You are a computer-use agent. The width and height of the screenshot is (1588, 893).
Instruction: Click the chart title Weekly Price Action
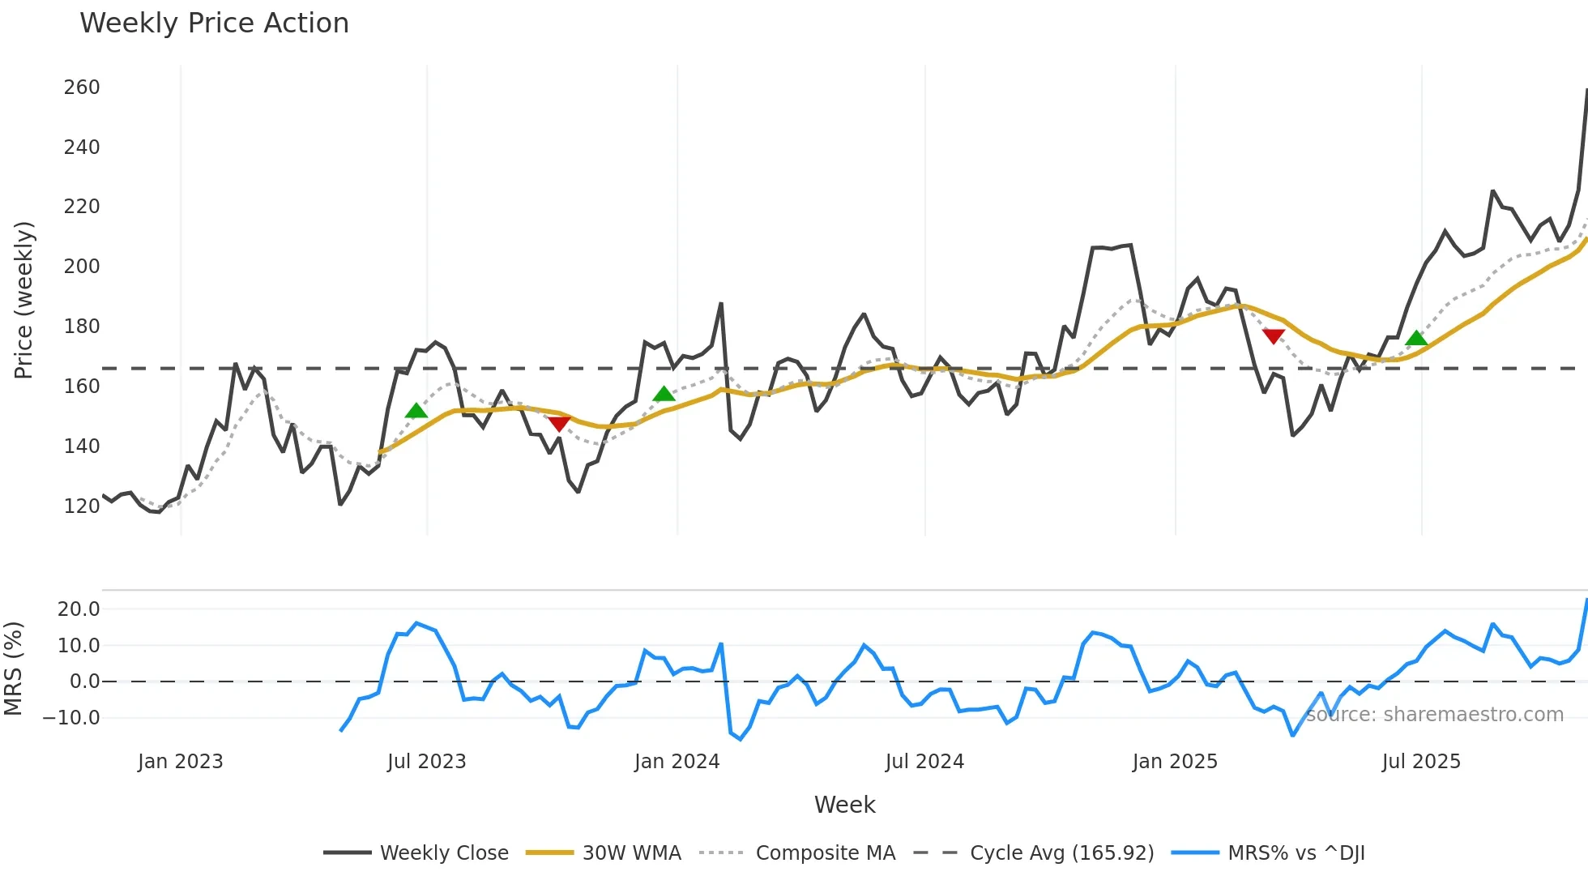coord(214,23)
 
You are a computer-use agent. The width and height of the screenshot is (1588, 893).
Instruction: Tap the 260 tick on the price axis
coord(82,88)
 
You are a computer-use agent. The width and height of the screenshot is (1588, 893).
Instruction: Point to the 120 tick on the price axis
coord(82,506)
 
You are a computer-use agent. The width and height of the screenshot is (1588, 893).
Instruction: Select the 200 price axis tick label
coord(82,267)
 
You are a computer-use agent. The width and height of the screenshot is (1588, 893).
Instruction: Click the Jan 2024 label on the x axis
coord(677,762)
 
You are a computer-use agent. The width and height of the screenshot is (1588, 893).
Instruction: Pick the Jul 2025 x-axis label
coord(1421,762)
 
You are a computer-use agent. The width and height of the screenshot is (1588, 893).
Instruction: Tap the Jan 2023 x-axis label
coord(180,762)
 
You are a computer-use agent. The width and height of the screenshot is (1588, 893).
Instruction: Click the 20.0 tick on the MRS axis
coord(79,609)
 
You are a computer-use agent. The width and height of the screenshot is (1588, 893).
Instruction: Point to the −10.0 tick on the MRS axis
coord(71,718)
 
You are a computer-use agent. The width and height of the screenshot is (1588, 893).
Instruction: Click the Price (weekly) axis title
coord(23,300)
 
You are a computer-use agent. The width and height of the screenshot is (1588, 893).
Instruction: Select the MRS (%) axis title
coord(13,669)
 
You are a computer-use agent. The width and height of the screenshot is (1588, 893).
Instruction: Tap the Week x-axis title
coord(844,805)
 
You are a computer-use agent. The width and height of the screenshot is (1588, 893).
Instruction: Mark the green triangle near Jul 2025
coord(1416,338)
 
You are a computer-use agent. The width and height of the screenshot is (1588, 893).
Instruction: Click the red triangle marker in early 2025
coord(1273,336)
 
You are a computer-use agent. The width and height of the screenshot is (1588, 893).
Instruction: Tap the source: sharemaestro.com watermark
coord(1434,715)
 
